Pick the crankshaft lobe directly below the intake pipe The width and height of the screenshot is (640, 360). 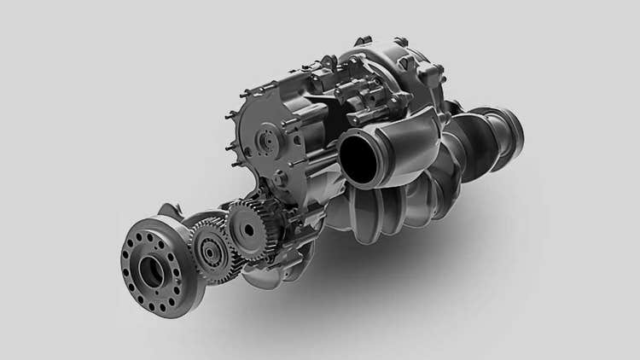[x=363, y=213]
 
